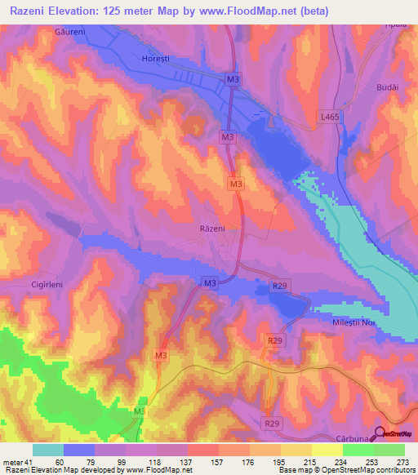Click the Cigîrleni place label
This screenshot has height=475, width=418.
point(30,285)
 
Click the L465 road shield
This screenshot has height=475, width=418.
point(329,118)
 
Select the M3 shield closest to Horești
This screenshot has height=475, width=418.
point(233,78)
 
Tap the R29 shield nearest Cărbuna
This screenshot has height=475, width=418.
point(271,424)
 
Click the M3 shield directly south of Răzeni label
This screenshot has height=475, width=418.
point(210,282)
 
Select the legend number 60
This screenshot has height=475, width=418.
point(60,461)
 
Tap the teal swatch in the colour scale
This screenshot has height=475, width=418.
point(48,450)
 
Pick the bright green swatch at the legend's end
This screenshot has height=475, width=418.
point(389,450)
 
